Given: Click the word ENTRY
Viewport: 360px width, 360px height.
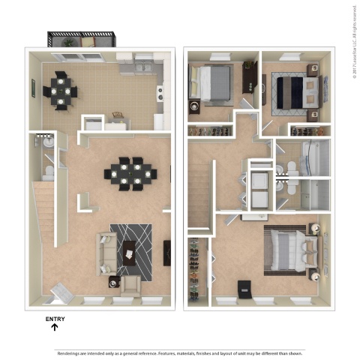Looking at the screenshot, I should pos(55,319).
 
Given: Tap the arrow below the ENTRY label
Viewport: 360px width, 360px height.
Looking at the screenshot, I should pos(55,327).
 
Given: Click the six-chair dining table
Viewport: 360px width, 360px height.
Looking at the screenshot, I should pos(130,172).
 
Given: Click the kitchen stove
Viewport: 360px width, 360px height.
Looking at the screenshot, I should pos(159,94).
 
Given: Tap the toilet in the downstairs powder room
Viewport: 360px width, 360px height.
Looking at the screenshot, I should pos(49,172).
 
